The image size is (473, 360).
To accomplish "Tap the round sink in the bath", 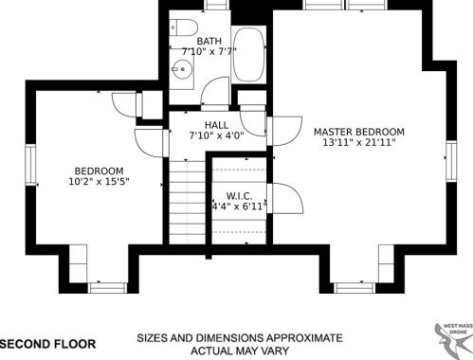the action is coord(182,69).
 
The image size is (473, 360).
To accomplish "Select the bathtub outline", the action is coord(248,55).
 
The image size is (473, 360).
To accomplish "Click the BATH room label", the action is coord(209,41).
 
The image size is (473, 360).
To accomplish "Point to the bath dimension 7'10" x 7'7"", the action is coord(209,51).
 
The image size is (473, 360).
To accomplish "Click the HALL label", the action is coord(216,125).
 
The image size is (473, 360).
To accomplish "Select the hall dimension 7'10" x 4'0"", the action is coord(216,135).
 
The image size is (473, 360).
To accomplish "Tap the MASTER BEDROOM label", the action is coord(359,132).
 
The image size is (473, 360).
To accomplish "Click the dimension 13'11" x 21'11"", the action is coord(359,142).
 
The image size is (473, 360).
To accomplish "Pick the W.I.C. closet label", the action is coord(239,196).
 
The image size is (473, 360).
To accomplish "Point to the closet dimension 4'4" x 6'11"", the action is coord(239,207).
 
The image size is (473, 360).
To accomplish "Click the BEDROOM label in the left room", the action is coord(99,171).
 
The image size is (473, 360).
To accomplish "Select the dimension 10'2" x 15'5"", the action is coord(99,182).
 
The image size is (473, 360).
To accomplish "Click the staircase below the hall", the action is coord(188,203).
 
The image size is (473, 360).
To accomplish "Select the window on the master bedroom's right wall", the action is coord(451,161).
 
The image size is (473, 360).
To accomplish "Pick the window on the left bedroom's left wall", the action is coord(30,165).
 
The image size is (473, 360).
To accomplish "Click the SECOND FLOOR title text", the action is coord(48,344).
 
